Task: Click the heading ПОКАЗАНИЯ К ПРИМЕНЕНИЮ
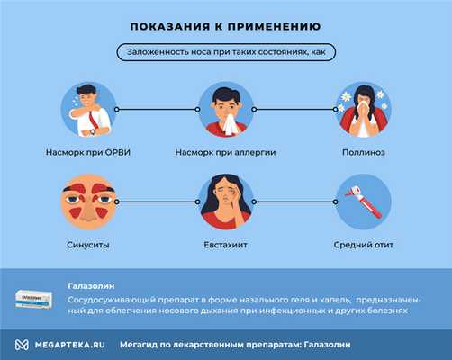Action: (225, 27)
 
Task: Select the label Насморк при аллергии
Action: (226, 152)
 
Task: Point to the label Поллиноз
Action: (363, 152)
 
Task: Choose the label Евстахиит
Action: (226, 243)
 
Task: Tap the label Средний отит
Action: (363, 243)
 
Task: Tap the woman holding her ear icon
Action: (226, 202)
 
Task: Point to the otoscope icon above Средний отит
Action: (363, 202)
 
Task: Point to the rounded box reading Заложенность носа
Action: (225, 53)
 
